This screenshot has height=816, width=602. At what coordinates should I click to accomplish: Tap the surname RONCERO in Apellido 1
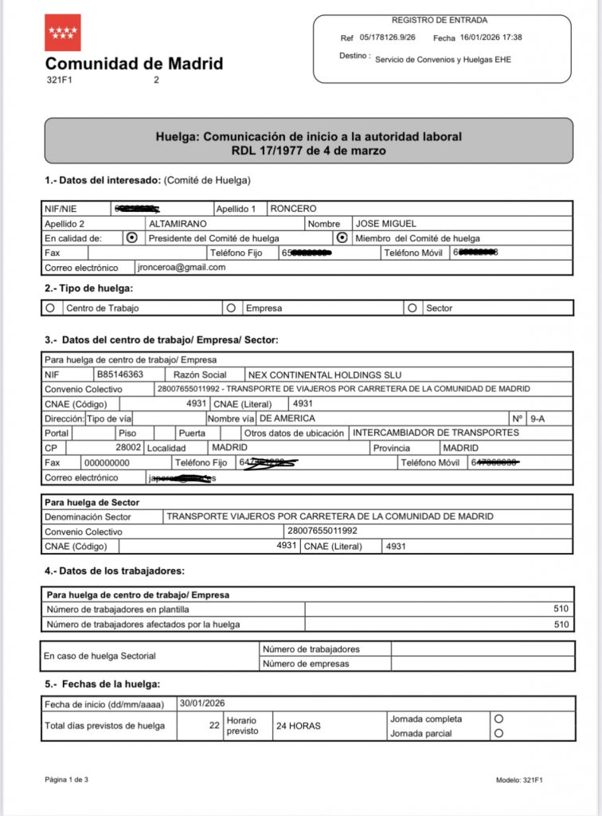[x=294, y=209]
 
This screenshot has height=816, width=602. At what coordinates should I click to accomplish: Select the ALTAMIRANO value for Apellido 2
[x=178, y=224]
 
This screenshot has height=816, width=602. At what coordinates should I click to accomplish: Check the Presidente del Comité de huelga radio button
[x=132, y=238]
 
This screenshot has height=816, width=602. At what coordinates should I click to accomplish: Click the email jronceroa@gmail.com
[x=181, y=268]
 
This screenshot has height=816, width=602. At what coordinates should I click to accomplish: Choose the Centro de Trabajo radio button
[x=51, y=307]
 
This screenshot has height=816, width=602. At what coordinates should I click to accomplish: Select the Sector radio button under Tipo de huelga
[x=412, y=307]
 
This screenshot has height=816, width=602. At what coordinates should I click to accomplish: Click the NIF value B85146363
[x=119, y=375]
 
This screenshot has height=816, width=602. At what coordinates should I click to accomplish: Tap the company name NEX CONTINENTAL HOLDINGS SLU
[x=325, y=375]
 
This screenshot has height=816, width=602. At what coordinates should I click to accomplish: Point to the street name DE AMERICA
[x=287, y=418]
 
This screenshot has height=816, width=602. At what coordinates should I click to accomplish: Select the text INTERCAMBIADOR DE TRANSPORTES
[x=436, y=433]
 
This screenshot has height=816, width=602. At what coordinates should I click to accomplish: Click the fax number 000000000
[x=106, y=462]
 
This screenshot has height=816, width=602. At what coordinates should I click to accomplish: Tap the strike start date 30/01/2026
[x=203, y=703]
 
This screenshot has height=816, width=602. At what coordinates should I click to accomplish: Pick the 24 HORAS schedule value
[x=298, y=726]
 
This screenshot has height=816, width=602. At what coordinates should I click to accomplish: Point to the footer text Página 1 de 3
[x=66, y=779]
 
